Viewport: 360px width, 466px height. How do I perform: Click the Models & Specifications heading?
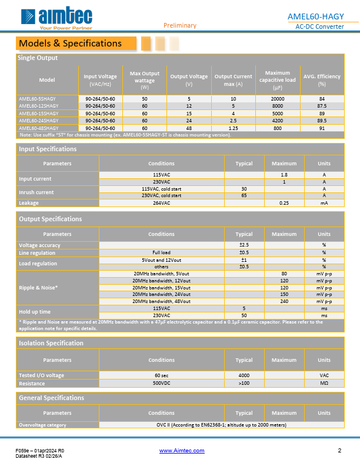(x=70, y=43)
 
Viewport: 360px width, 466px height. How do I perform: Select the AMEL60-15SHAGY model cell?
(x=39, y=113)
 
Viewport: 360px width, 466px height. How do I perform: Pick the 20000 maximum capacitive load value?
(x=277, y=99)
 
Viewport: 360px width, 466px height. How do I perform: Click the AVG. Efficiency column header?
(x=322, y=80)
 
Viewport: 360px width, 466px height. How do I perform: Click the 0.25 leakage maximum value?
(x=284, y=202)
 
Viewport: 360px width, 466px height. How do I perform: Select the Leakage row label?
(x=29, y=202)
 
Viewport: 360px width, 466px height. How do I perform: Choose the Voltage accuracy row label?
(x=39, y=245)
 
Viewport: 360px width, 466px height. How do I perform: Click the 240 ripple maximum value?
(x=284, y=301)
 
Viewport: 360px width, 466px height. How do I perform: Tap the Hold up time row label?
(x=35, y=311)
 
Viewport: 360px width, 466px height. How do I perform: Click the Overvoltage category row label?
(x=42, y=425)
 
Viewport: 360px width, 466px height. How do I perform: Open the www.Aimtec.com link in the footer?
(x=182, y=451)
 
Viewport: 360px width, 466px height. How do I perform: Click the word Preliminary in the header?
(x=180, y=25)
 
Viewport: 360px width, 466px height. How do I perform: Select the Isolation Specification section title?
(x=51, y=343)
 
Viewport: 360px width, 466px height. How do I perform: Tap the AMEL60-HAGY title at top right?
(x=322, y=16)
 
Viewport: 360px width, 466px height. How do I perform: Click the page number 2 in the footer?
(x=339, y=451)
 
